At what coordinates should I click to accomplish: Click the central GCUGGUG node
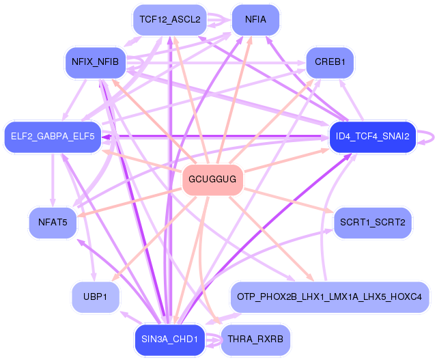click(212, 179)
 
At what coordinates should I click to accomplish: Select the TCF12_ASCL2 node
click(170, 20)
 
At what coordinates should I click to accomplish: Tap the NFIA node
click(255, 20)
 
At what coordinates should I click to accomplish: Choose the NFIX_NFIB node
click(96, 62)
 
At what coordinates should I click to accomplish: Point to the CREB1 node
click(330, 62)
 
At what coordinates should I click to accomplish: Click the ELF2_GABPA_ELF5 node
click(53, 137)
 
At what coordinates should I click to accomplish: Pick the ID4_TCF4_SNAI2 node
click(373, 137)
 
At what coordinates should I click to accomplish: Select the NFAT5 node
click(53, 223)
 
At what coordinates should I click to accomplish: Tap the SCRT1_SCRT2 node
click(373, 223)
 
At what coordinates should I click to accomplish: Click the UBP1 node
click(96, 296)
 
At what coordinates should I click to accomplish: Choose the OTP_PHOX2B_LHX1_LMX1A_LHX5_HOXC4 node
click(329, 296)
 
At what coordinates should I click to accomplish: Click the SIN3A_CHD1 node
click(170, 340)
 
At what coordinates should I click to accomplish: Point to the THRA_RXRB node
click(255, 340)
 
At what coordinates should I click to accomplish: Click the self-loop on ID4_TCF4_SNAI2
click(434, 137)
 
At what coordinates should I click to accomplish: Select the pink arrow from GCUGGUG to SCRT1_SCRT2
click(288, 201)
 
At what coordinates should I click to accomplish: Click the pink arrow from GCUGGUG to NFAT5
click(129, 202)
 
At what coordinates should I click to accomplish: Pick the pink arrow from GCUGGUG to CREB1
click(271, 121)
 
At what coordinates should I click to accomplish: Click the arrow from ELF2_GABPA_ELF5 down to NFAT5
click(53, 180)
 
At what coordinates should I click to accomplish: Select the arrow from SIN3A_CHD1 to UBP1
click(130, 318)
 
